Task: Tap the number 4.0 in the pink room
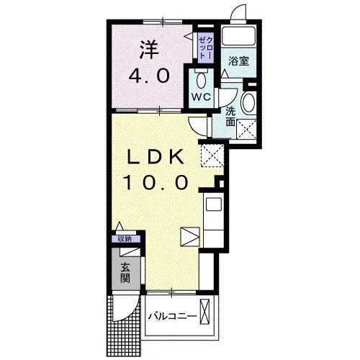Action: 150,75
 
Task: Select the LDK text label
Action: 158,158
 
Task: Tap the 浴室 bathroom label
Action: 239,61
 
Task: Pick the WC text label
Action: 200,96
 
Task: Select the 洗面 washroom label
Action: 231,117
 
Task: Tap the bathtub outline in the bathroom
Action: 238,37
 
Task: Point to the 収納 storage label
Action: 125,239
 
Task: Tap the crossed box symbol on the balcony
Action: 207,314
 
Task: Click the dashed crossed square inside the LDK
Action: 210,155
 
